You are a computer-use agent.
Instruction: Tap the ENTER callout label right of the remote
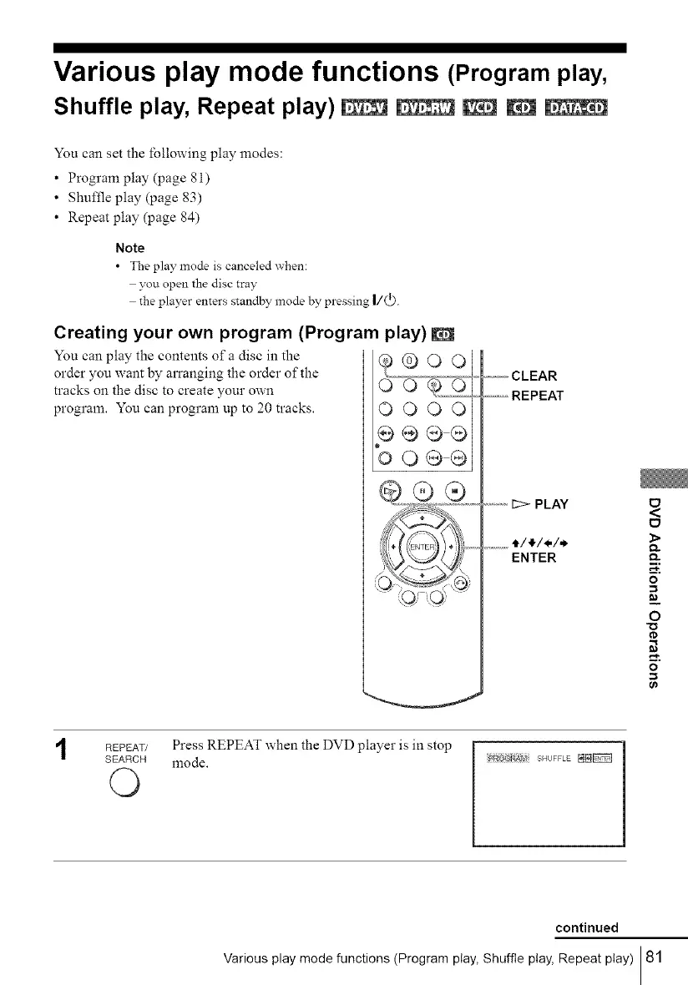[x=533, y=557]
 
